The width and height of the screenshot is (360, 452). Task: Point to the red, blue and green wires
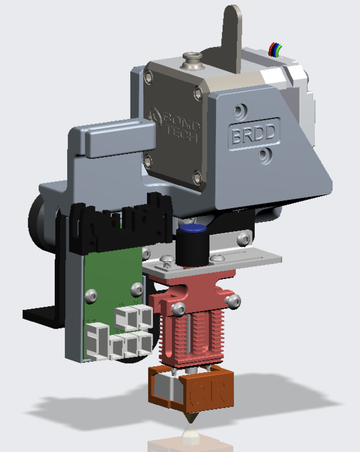point(275,50)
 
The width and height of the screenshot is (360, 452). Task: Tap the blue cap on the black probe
point(192,229)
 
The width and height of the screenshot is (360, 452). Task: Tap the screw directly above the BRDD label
point(240,110)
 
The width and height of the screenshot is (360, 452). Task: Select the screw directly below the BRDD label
point(265,155)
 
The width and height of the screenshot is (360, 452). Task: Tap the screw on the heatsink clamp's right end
point(233,301)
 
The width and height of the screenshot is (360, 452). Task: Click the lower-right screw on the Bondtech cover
point(197,177)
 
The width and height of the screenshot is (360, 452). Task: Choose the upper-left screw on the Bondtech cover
point(149,78)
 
